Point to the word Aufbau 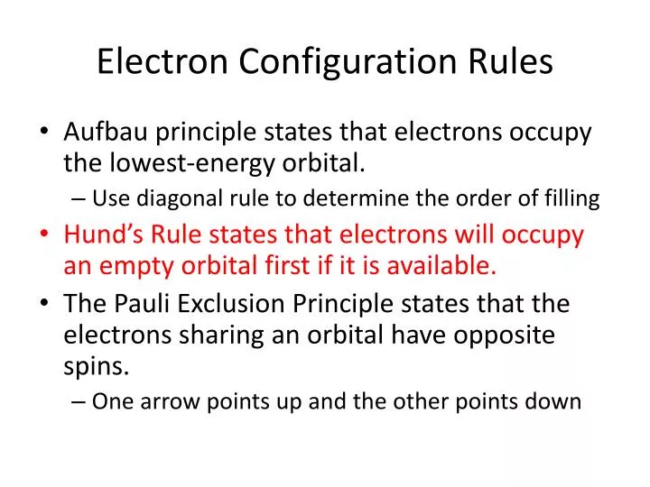(x=106, y=133)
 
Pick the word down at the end (x=555, y=401)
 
